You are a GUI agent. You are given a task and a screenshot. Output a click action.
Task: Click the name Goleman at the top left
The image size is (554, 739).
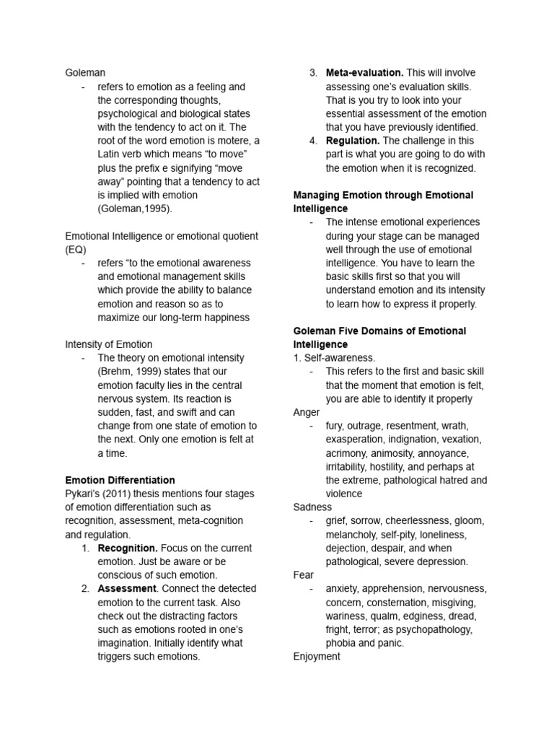tap(85, 73)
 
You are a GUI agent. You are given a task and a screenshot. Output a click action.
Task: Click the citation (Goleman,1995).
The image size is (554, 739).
tap(136, 209)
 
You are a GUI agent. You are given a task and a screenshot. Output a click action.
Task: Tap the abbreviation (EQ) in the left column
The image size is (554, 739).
tap(76, 250)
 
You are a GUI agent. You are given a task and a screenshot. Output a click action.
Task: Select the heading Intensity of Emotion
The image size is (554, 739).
tap(109, 344)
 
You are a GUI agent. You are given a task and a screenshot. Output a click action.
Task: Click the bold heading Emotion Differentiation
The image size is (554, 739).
tap(120, 480)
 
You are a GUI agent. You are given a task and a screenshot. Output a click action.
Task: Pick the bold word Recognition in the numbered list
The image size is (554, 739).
tap(127, 548)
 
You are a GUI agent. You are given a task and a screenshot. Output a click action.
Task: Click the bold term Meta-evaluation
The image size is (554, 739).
tap(364, 73)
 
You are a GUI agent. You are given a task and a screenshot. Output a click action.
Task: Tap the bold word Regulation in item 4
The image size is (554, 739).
tap(352, 141)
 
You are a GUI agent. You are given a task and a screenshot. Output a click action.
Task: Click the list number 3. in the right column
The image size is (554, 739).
tap(313, 73)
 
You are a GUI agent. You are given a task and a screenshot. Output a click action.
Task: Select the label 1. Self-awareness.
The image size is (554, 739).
tap(334, 358)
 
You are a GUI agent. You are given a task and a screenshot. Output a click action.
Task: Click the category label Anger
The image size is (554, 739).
tap(307, 412)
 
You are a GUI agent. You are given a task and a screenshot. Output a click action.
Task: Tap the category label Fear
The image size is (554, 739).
tap(304, 575)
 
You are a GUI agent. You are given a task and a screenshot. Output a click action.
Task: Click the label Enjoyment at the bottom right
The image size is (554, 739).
tap(317, 657)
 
